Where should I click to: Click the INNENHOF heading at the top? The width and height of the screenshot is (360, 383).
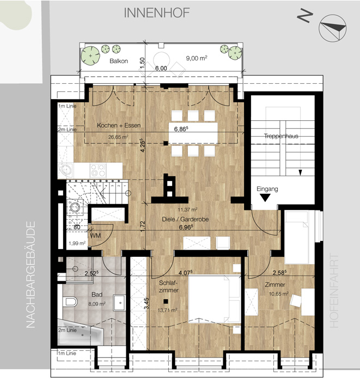[x=157, y=13]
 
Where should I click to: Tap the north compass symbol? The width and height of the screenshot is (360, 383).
[x=333, y=28]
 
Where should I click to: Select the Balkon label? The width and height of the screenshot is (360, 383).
[x=119, y=61]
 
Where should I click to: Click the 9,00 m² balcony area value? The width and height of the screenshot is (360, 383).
[x=197, y=58]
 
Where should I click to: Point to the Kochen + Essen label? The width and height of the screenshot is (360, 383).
[x=119, y=125]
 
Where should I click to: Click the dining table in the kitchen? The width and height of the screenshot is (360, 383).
[x=193, y=133]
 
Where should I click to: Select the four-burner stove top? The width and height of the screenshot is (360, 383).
[x=98, y=170]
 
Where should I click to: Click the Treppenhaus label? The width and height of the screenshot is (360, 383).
[x=281, y=136]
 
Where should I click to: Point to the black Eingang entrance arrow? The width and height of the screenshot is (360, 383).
[x=265, y=197]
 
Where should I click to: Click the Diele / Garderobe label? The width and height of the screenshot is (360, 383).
[x=185, y=219]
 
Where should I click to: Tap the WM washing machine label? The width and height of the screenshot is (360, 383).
[x=95, y=236]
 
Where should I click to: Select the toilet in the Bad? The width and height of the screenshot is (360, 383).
[x=70, y=302]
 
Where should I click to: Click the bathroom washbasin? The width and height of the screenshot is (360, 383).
[x=119, y=302]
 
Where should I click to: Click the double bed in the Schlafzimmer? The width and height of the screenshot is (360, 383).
[x=215, y=299]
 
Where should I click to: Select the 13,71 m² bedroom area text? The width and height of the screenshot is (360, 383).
[x=168, y=310]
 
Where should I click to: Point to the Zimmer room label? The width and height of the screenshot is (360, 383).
[x=275, y=285]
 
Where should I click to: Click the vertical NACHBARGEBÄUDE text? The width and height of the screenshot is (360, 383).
[x=31, y=275]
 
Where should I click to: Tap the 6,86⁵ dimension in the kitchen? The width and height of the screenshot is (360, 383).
[x=181, y=129]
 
